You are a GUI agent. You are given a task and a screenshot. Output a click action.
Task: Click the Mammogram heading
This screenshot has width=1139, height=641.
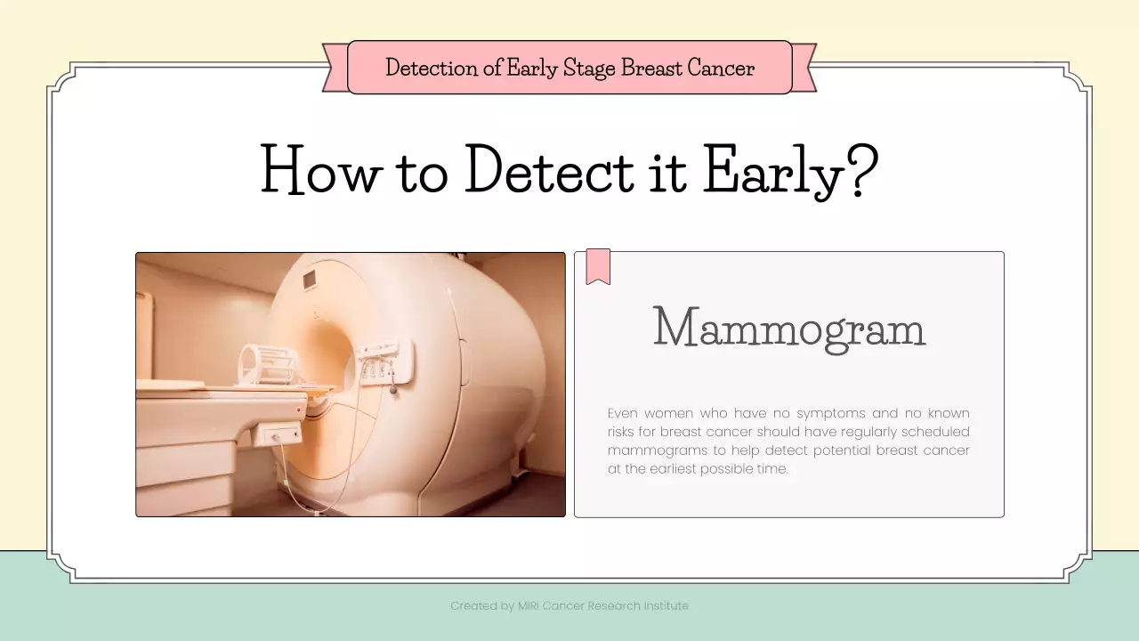[x=788, y=328]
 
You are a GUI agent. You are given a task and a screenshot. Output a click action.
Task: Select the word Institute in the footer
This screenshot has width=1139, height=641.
[x=666, y=606]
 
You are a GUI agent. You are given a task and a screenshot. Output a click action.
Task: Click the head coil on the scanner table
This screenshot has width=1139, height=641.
[x=263, y=363]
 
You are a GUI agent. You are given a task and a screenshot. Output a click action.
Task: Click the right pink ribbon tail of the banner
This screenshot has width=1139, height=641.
[x=803, y=68]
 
